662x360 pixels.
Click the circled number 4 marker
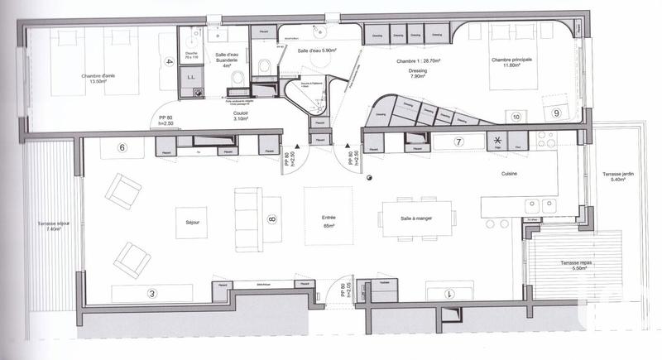pos(169,62)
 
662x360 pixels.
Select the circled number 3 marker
pos(128,293)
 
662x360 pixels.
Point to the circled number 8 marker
pos(271,220)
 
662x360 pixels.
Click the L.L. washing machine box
pos(191,78)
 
